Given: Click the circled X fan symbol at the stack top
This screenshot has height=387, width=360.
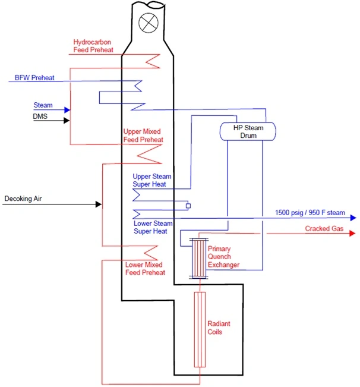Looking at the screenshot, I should click(x=147, y=23).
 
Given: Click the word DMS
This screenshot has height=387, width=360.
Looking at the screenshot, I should click(x=40, y=117).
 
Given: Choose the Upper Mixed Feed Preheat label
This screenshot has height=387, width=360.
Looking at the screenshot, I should click(x=143, y=136).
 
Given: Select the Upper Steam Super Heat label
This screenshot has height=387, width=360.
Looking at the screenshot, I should click(x=152, y=181).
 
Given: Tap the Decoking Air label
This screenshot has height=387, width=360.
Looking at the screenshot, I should click(x=24, y=198).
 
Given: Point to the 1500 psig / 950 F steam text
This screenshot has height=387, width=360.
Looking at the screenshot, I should click(x=310, y=212).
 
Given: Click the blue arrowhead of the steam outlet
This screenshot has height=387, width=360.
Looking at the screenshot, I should click(x=352, y=218).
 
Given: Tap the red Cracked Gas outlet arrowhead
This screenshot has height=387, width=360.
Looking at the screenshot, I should click(x=352, y=234).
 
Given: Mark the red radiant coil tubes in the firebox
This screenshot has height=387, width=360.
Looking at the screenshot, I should click(x=199, y=330).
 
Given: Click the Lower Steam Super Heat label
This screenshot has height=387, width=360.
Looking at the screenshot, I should click(x=153, y=227).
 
